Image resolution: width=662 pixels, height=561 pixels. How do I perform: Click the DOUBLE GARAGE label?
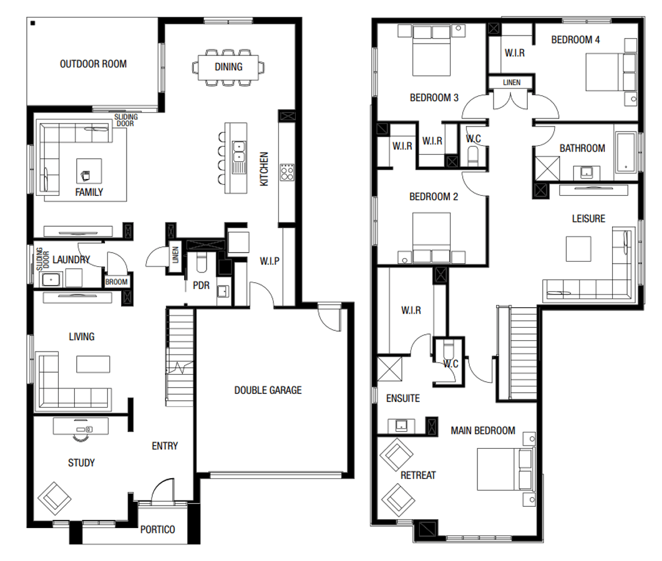268,390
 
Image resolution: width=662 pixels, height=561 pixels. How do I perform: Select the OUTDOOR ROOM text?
93,64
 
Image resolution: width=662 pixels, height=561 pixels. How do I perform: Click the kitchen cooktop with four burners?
287,171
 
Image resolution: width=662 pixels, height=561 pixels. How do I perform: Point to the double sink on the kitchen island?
238,150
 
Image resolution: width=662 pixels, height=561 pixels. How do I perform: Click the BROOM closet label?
116,282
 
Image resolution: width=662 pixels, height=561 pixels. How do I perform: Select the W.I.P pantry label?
269,261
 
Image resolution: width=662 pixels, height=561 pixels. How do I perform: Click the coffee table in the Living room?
93,363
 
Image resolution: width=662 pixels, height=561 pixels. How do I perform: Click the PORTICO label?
157,529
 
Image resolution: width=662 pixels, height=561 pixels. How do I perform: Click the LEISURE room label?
588,219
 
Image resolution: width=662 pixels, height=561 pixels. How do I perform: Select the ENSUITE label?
402,398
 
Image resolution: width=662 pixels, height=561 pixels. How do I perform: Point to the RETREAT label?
418,475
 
